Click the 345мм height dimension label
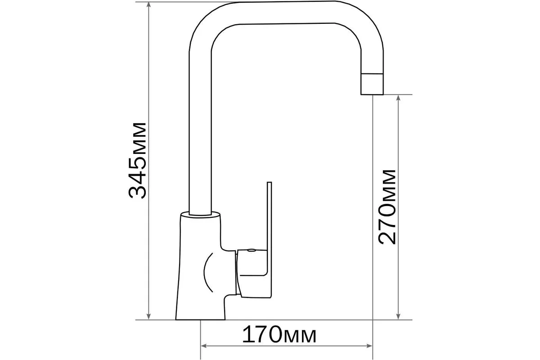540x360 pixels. click(x=137, y=161)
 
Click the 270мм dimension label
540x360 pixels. click(x=387, y=207)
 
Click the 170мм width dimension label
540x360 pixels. click(x=279, y=334)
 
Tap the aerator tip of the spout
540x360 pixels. click(x=372, y=84)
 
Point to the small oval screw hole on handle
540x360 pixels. click(x=251, y=251)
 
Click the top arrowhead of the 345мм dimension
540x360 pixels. click(x=149, y=5)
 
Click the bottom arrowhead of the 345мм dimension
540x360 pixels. click(x=149, y=316)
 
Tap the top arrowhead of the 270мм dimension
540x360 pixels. click(x=398, y=99)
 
